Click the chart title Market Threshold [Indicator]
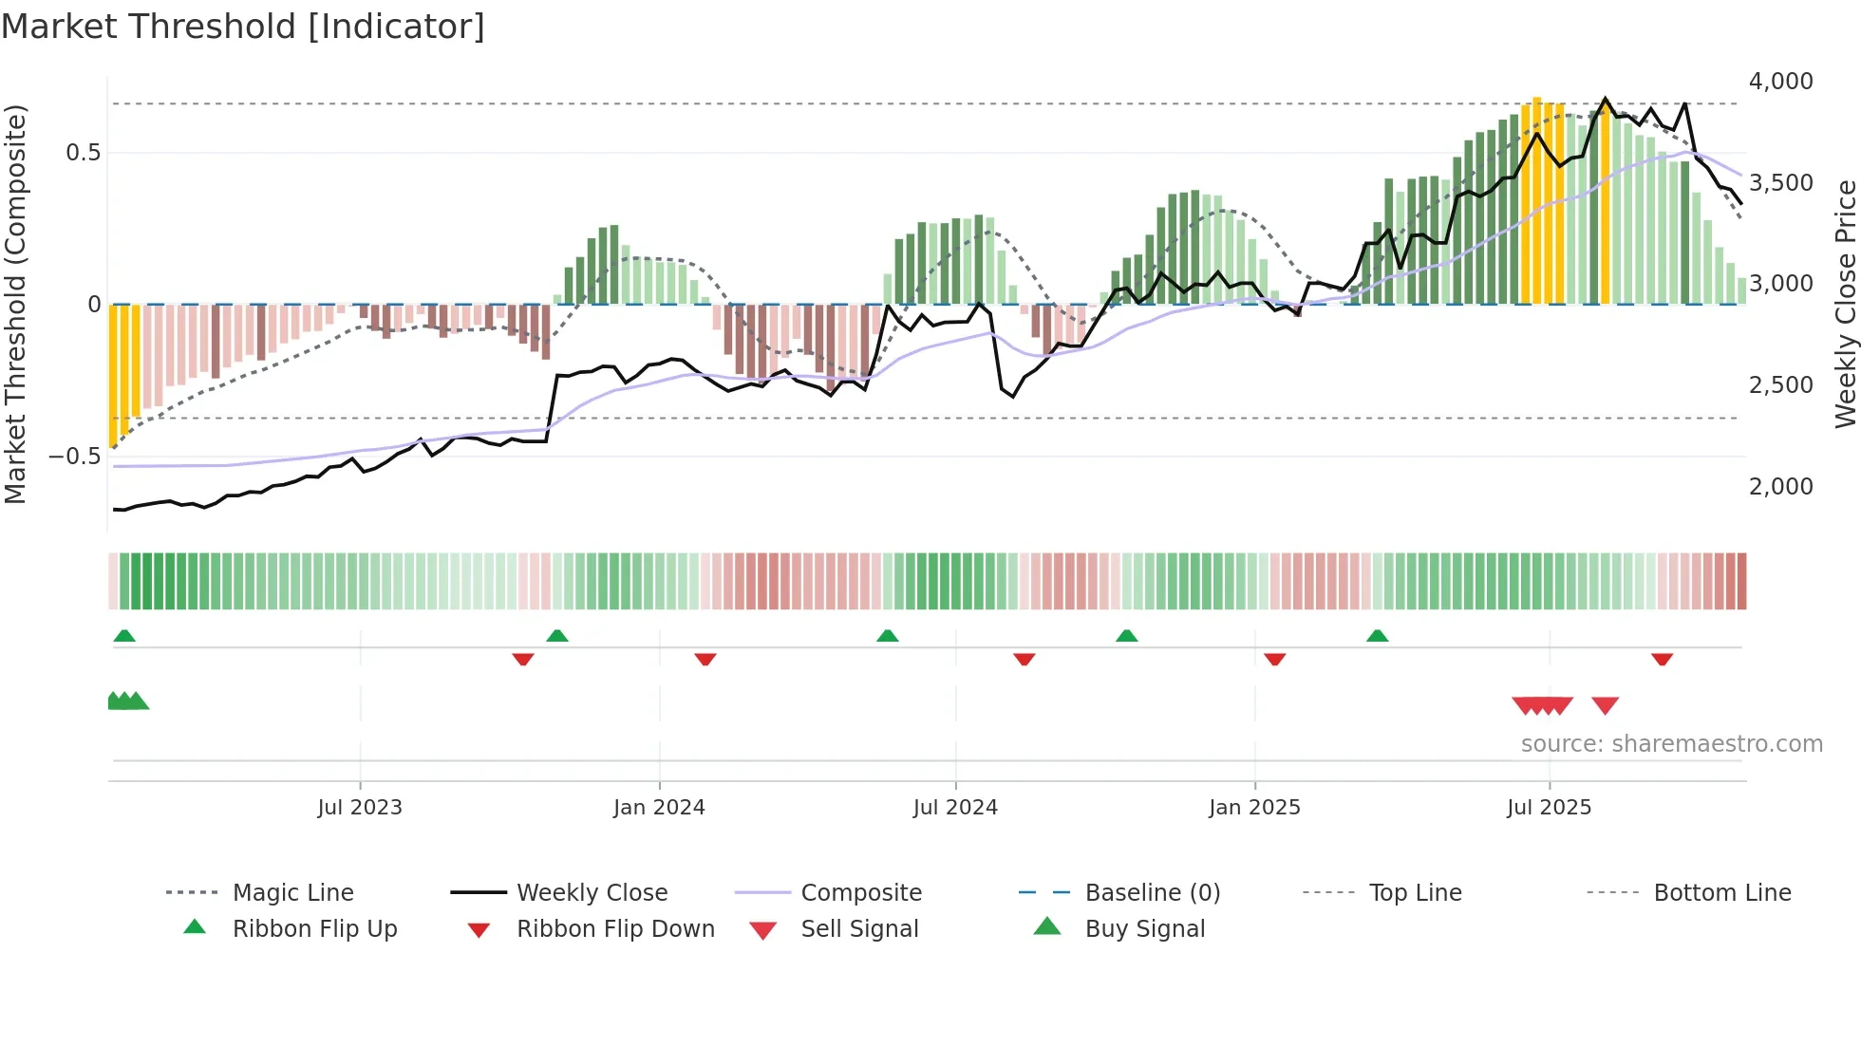click(243, 27)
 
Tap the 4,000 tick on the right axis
click(1780, 82)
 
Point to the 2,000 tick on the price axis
click(1780, 487)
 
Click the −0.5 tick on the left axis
click(74, 457)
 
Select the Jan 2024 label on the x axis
click(659, 808)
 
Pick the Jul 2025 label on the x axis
click(1549, 808)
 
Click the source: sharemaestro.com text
click(1671, 744)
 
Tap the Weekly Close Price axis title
click(1845, 304)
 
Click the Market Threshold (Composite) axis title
click(15, 304)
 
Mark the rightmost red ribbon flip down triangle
click(1662, 659)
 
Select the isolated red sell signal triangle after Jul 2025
click(1605, 705)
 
